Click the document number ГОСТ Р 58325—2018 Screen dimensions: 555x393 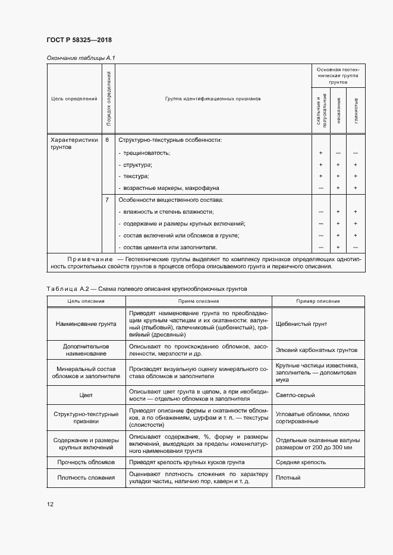pyautogui.click(x=80, y=40)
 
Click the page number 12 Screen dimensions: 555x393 pyautogui.click(x=51, y=504)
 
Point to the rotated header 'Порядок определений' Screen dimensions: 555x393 pyautogui.click(x=108, y=99)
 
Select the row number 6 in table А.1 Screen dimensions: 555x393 pyautogui.click(x=107, y=140)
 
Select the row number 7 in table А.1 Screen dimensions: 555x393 pyautogui.click(x=107, y=200)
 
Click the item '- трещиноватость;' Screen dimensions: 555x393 pyautogui.click(x=144, y=153)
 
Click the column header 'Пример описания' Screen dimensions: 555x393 pyautogui.click(x=318, y=301)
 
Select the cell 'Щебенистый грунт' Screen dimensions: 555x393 pyautogui.click(x=301, y=324)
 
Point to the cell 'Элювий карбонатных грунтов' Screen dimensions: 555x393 pyautogui.click(x=317, y=350)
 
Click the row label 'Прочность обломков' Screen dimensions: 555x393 pyautogui.click(x=86, y=461)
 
